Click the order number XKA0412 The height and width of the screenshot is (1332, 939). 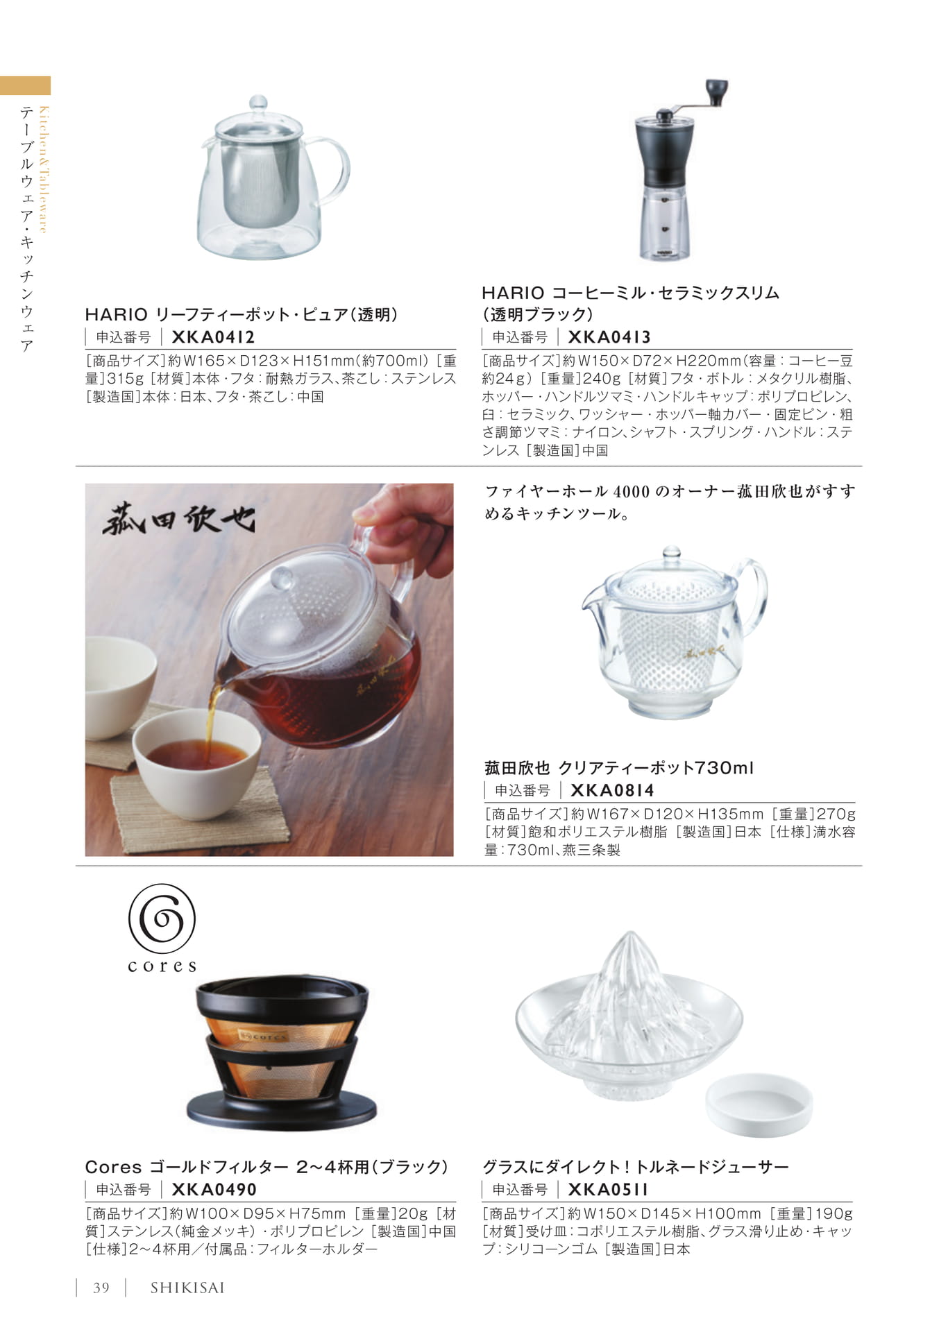click(213, 337)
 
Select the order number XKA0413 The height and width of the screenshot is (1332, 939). click(609, 337)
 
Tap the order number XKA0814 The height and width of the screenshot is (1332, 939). click(612, 790)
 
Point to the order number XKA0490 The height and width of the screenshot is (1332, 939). click(214, 1189)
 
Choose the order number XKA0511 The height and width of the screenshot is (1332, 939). click(608, 1189)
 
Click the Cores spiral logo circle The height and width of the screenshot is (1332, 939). click(162, 918)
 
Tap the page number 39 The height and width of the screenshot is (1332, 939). click(101, 1288)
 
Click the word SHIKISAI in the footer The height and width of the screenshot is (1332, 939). click(187, 1288)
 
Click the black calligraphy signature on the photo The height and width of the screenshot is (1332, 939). click(179, 519)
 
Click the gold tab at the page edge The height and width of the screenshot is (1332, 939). click(25, 85)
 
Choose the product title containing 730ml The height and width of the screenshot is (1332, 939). click(619, 768)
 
